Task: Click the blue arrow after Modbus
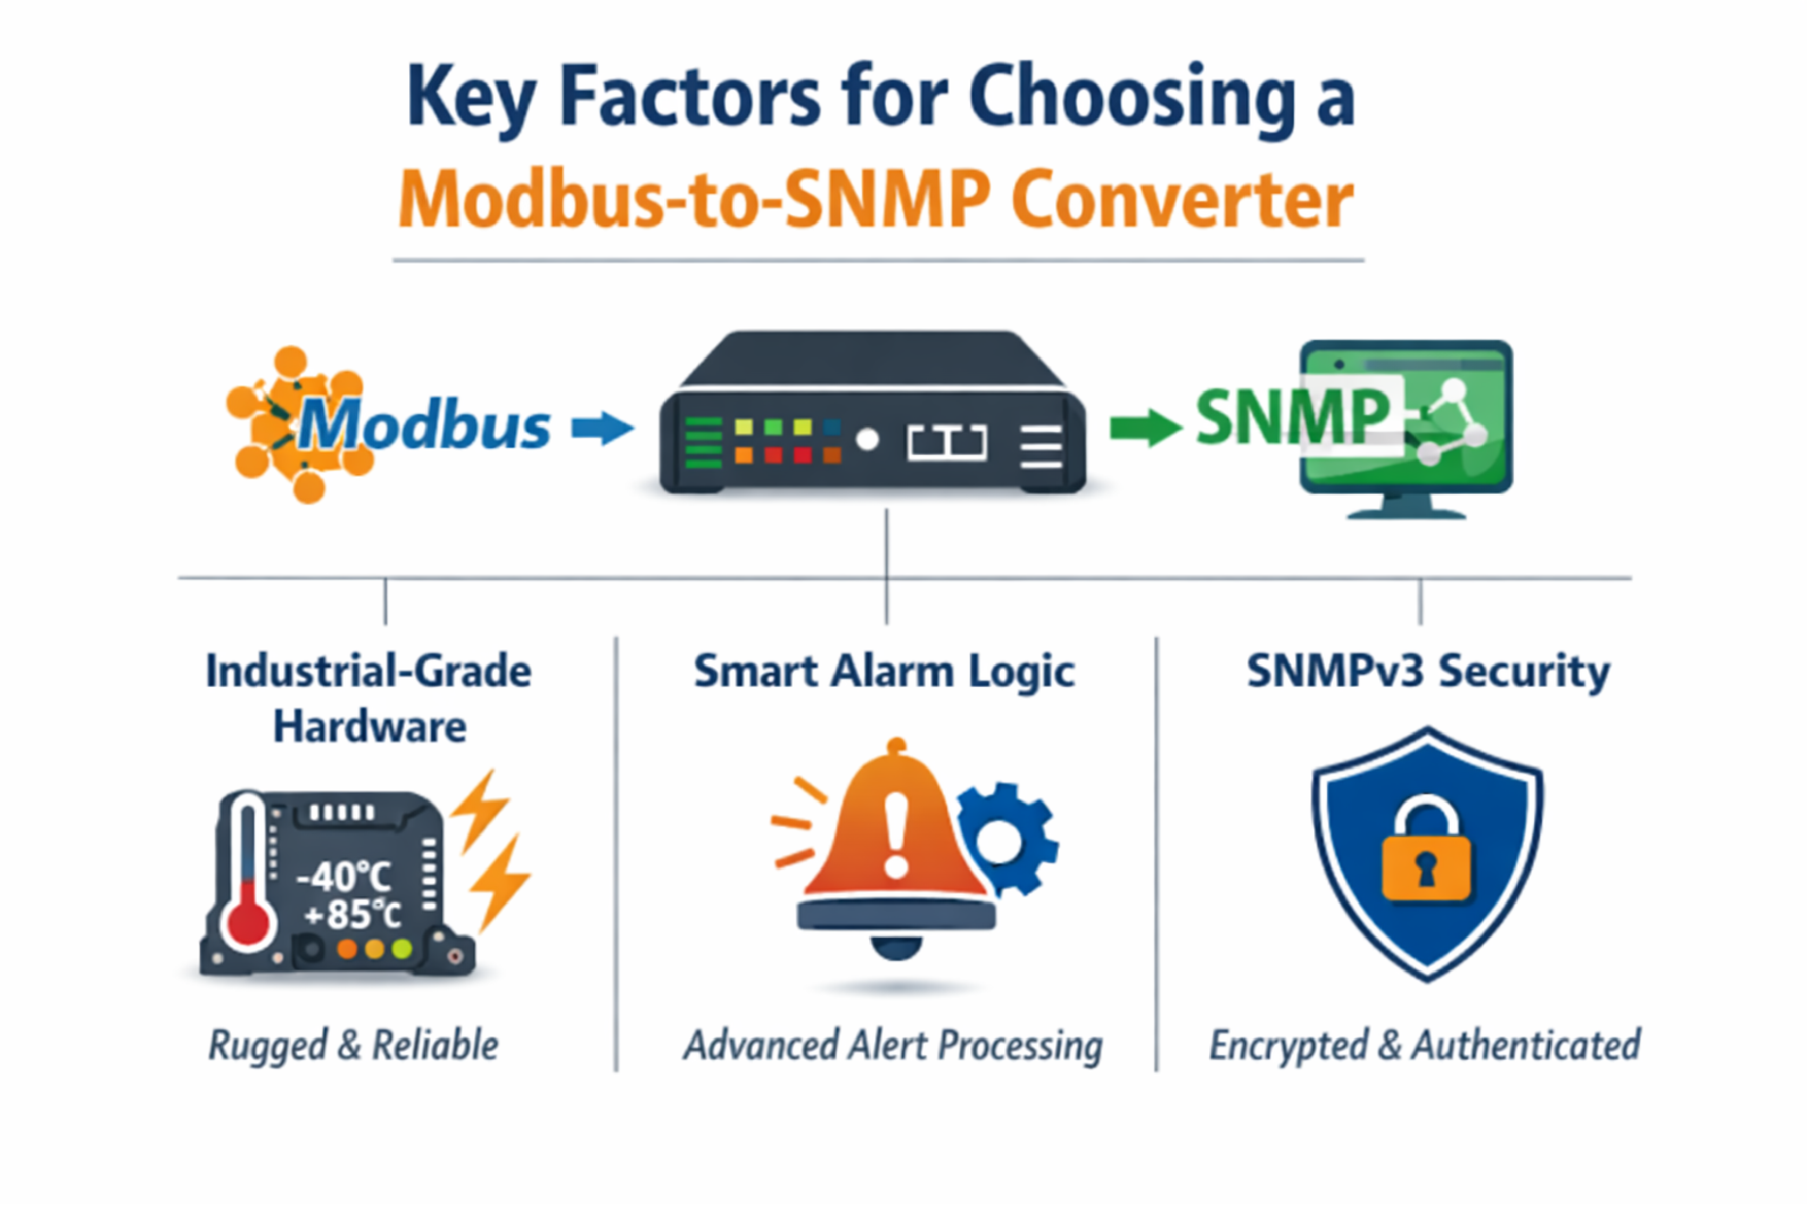tap(603, 427)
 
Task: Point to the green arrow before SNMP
tap(1145, 427)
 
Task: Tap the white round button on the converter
tap(867, 441)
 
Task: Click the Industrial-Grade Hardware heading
tap(369, 698)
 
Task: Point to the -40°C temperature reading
tap(343, 876)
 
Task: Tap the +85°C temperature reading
tap(353, 915)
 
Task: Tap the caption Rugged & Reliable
tap(353, 1045)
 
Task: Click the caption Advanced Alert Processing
tap(893, 1045)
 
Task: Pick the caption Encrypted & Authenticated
tap(1425, 1045)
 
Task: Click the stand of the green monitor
tap(1406, 507)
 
